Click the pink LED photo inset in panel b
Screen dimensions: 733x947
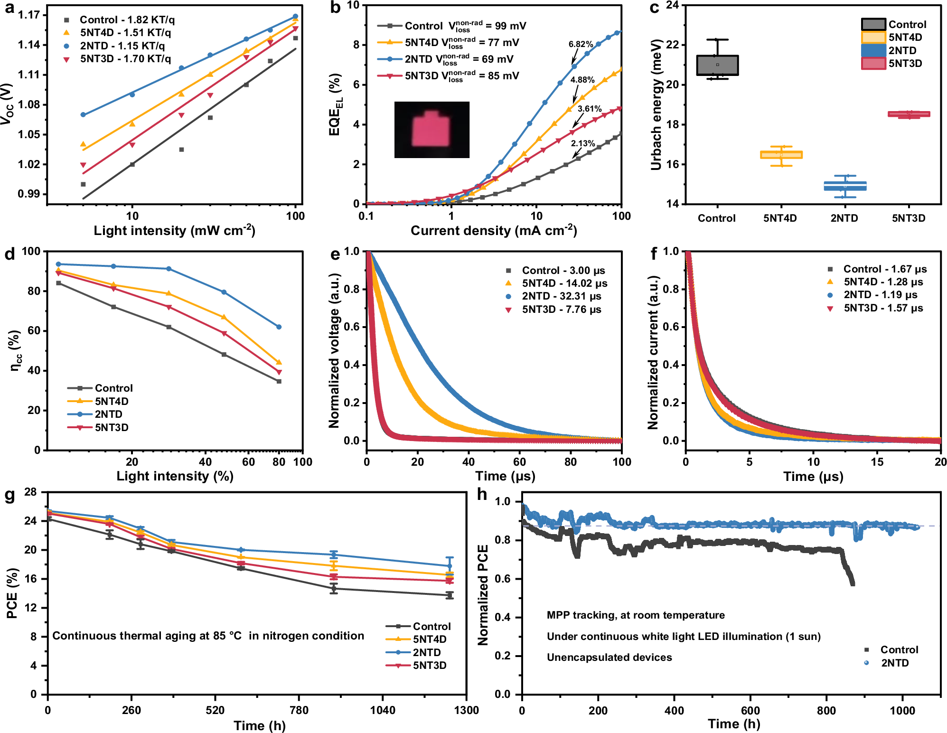click(x=431, y=130)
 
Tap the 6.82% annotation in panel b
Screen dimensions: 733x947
click(x=581, y=44)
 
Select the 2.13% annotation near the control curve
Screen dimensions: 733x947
click(x=582, y=143)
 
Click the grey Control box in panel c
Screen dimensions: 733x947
click(x=717, y=65)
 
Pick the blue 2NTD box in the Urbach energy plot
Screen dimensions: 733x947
click(x=845, y=186)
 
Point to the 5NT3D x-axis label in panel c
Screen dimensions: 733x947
click(x=909, y=218)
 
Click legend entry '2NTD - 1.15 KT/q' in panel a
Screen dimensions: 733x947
click(x=122, y=46)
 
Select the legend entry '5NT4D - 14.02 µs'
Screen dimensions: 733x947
click(x=564, y=283)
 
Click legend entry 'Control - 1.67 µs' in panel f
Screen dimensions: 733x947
click(x=884, y=269)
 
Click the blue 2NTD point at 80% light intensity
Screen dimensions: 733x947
click(x=279, y=327)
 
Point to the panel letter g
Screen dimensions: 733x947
click(x=9, y=495)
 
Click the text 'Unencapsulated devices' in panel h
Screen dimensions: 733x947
click(x=609, y=658)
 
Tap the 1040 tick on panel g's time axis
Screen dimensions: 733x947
click(x=383, y=710)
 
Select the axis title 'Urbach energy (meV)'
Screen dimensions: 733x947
click(x=656, y=105)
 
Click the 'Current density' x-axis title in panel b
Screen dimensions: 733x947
click(x=494, y=231)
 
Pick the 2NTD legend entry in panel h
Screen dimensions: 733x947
click(x=894, y=663)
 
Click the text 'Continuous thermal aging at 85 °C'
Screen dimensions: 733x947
click(x=147, y=636)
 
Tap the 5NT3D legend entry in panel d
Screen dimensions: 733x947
click(x=111, y=428)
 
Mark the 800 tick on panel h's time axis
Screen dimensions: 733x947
click(x=826, y=711)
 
